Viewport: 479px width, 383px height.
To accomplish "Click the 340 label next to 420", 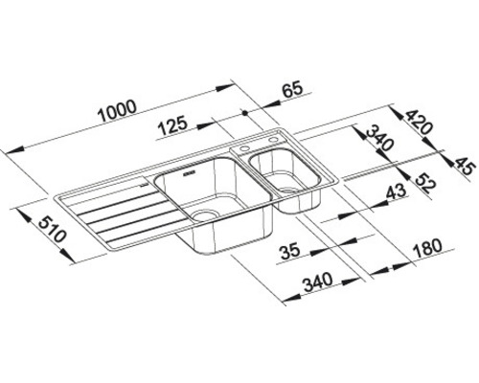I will tap(373, 146).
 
